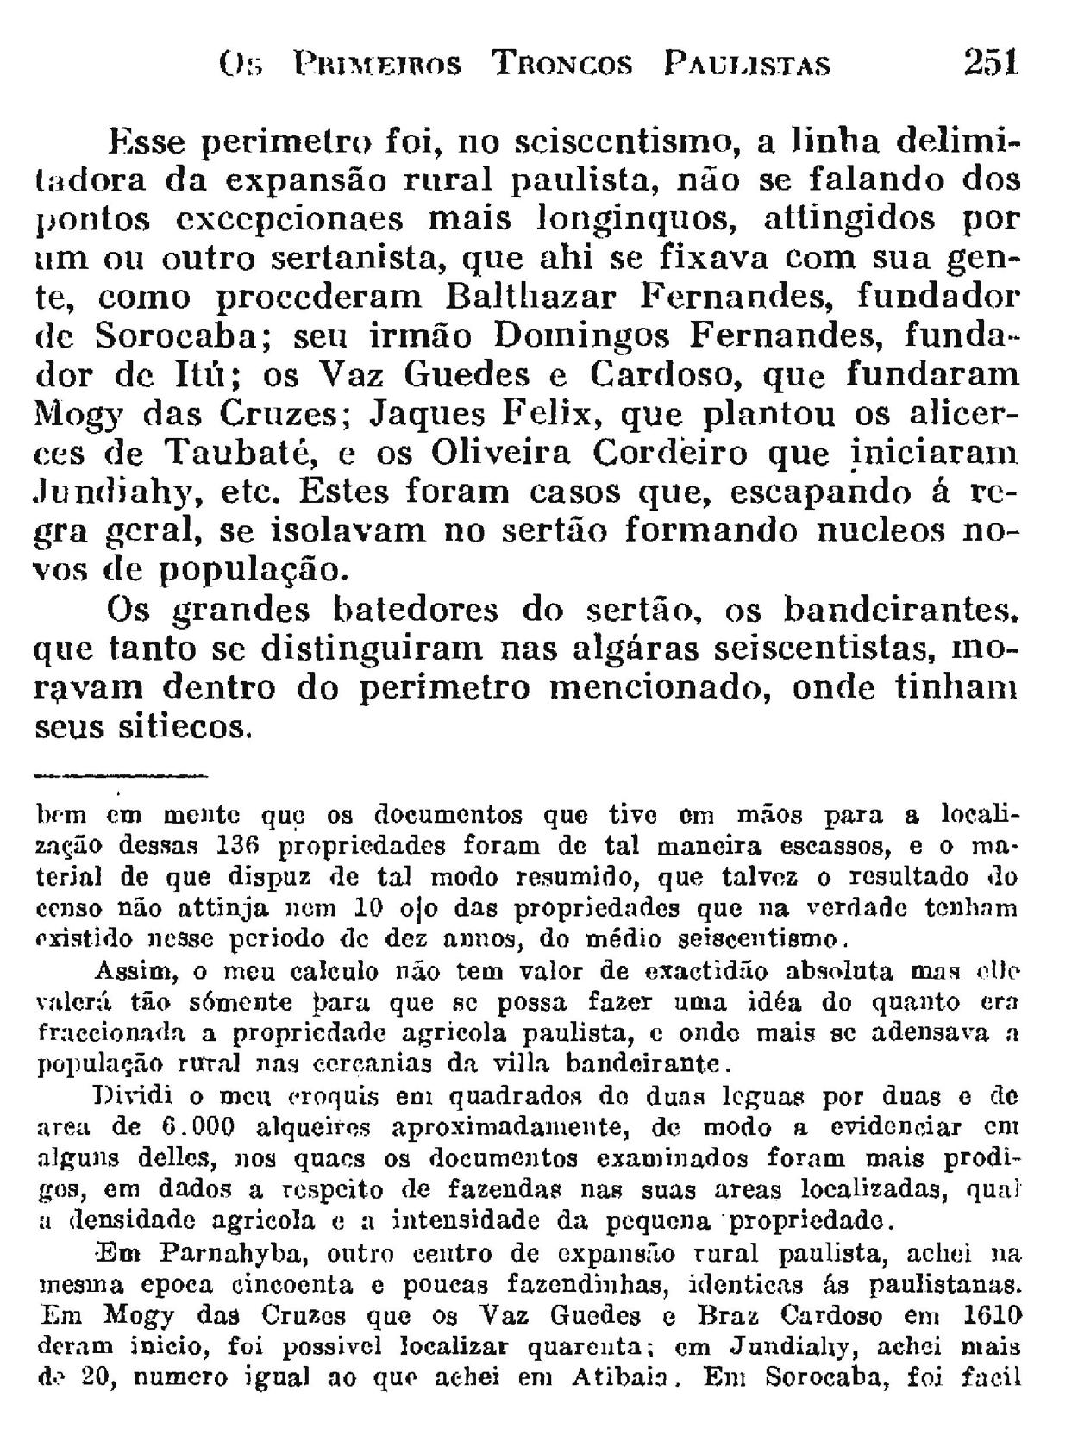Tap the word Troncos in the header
tap(561, 65)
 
